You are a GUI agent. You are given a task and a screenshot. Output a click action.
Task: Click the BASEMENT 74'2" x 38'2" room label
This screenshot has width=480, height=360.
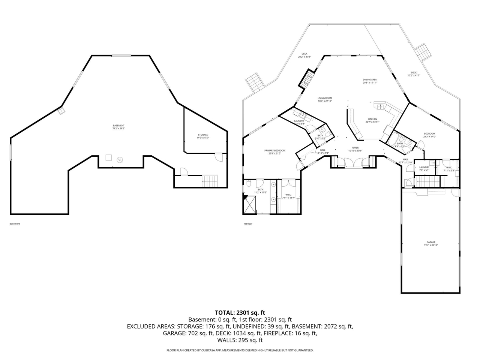[x=118, y=127]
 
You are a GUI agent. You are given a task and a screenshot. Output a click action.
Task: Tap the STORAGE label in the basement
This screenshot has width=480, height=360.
[x=203, y=136]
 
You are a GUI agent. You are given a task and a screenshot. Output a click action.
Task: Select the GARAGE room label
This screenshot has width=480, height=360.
[x=430, y=243]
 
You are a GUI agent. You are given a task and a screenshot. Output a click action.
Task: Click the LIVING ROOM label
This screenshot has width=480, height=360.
[x=325, y=99]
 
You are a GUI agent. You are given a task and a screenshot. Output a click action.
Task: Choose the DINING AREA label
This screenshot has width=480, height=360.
[x=369, y=81]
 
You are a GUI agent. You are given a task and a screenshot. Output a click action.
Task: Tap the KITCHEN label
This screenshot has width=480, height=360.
[x=372, y=120]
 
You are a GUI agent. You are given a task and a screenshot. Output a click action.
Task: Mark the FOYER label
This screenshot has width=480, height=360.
[x=355, y=149]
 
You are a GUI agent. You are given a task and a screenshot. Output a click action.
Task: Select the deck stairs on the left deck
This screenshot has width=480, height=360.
[x=254, y=82]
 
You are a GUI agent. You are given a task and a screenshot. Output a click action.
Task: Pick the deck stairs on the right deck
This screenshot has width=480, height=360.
[x=423, y=52]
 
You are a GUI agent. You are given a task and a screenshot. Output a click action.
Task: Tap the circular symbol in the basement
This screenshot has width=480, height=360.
[x=120, y=159]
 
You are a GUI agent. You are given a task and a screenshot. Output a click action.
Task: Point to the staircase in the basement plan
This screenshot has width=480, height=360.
[x=210, y=181]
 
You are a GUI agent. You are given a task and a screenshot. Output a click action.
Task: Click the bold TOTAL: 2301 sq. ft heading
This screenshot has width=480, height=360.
[x=240, y=312]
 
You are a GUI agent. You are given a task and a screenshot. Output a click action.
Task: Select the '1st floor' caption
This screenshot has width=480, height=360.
[x=248, y=224]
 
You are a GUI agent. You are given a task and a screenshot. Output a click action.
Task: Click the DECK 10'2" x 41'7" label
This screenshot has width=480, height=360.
[x=414, y=74]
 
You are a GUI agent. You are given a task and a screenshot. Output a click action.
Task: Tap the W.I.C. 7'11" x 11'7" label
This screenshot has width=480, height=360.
[x=288, y=196]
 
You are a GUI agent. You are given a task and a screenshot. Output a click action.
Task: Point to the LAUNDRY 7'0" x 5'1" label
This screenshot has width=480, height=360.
[x=424, y=168]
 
